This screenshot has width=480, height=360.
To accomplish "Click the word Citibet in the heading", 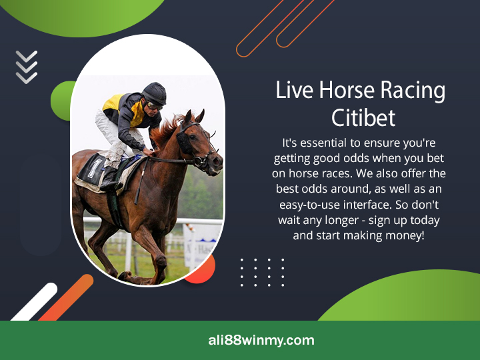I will click(363, 117).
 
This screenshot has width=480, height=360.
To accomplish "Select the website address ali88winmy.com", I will click(261, 340).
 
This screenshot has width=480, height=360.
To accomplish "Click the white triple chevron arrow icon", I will click(27, 67).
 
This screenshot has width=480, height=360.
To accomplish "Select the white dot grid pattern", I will click(262, 272).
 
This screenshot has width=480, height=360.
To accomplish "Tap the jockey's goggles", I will click(155, 105).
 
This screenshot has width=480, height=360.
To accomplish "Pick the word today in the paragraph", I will click(422, 220).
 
